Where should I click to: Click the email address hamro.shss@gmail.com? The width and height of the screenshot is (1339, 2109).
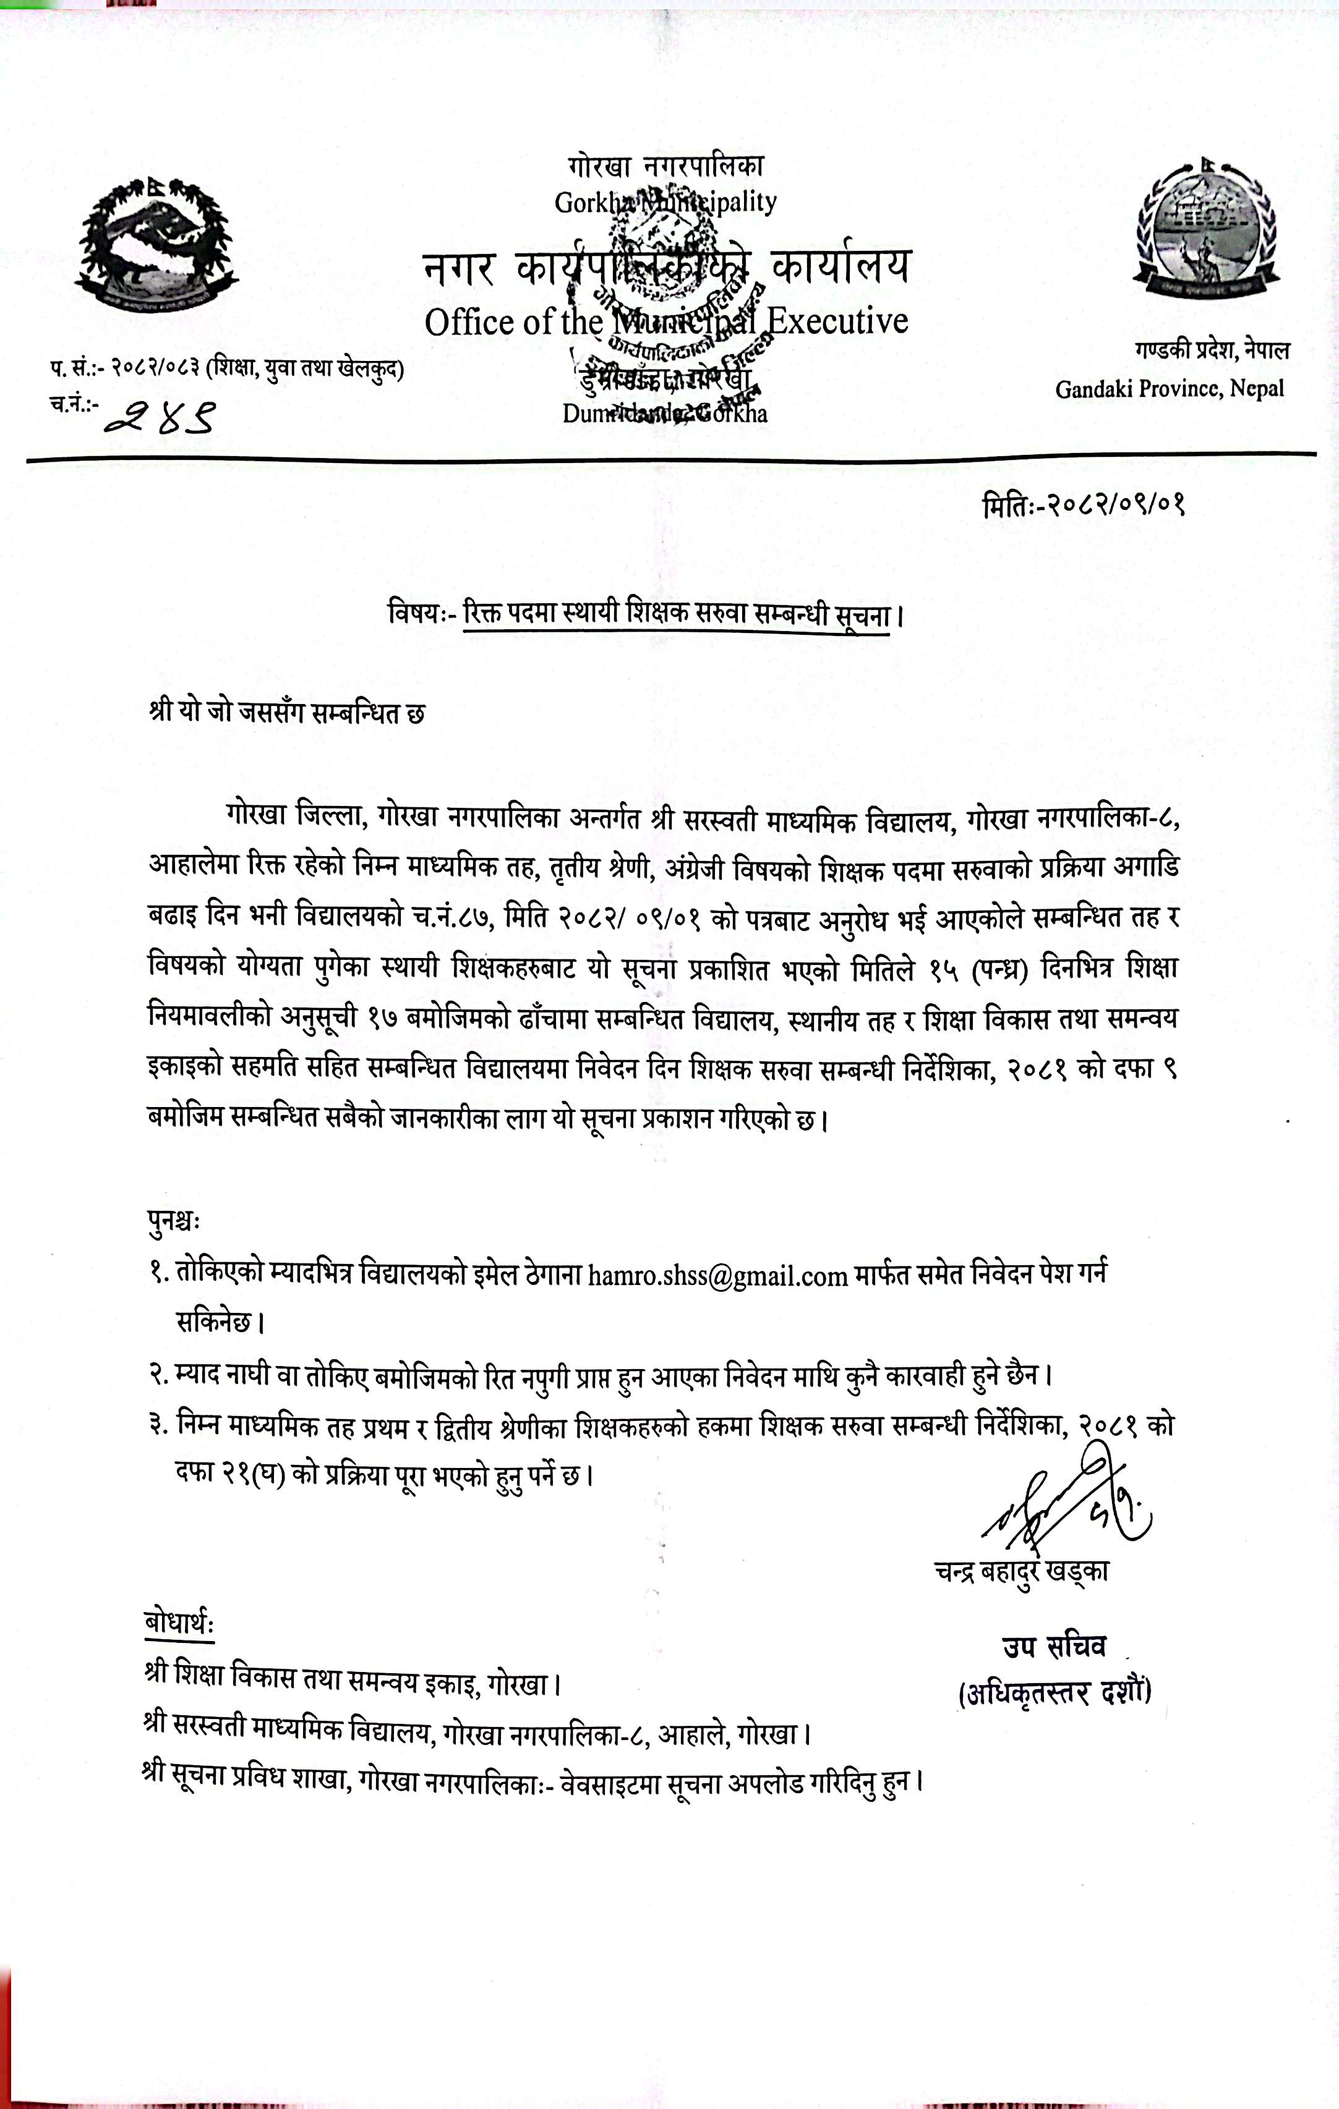coord(717,1275)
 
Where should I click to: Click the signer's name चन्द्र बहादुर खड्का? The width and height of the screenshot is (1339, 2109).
coord(1021,1571)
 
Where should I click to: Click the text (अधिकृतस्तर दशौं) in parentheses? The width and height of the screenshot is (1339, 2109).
coord(1055,1693)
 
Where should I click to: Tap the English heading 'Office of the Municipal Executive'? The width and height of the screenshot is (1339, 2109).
coord(666,321)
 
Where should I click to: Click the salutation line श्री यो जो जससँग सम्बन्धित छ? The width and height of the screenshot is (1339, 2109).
coord(288,712)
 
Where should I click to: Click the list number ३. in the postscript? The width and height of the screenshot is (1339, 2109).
coord(158,1425)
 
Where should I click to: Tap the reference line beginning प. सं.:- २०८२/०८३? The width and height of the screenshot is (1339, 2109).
coord(227,369)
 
